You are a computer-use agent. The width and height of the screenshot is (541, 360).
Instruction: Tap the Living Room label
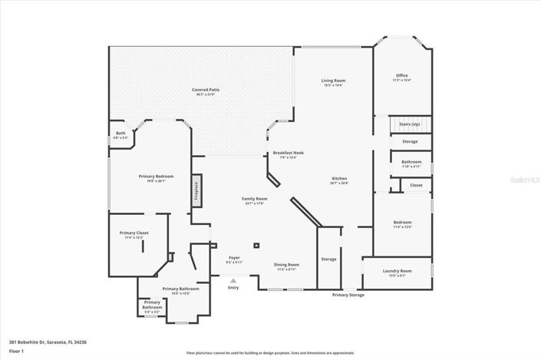point(332,81)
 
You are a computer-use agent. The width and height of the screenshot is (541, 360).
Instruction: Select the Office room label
point(401,75)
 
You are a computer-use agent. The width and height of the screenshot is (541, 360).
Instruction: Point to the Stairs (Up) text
point(410,124)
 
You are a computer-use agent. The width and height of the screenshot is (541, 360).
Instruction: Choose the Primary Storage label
point(348,295)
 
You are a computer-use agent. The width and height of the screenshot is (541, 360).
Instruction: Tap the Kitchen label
point(339,179)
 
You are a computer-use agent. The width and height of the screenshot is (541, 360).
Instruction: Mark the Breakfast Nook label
point(288,153)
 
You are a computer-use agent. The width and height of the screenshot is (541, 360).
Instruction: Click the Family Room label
point(254,200)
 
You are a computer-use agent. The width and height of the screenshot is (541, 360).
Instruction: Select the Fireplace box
point(196,190)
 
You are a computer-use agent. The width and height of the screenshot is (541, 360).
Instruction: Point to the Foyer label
point(234,259)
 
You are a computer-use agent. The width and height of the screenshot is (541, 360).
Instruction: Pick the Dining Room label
point(287,265)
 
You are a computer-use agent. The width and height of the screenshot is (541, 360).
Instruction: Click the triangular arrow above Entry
point(233,281)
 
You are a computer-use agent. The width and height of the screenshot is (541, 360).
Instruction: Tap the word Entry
point(233,288)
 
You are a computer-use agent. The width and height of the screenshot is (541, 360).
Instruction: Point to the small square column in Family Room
point(256,246)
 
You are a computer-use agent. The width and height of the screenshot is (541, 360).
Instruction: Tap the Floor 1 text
point(16,351)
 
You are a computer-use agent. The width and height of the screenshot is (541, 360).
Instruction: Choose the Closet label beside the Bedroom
point(416,185)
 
